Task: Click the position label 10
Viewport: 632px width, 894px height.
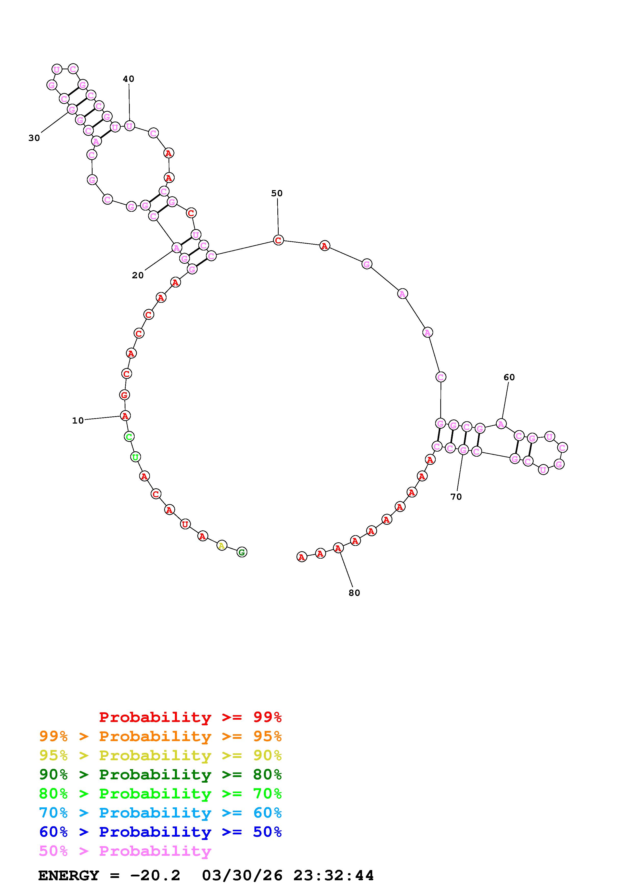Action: (x=78, y=420)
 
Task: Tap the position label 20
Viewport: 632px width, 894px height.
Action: (x=138, y=275)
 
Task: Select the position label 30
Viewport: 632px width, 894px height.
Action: (x=34, y=138)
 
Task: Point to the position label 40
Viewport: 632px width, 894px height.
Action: (x=128, y=79)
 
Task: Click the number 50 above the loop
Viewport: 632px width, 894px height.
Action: (x=277, y=193)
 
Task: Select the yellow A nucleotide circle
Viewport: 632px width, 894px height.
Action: (x=222, y=546)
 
